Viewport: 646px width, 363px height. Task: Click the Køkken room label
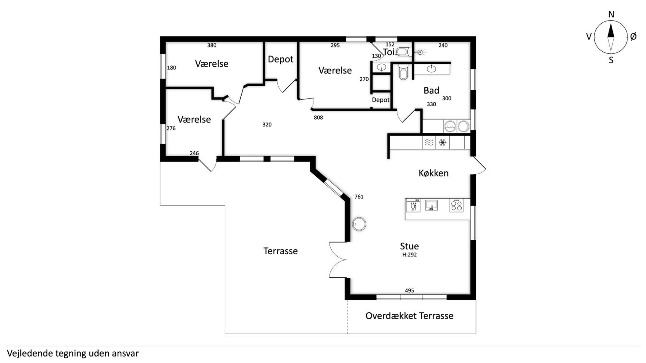(433, 173)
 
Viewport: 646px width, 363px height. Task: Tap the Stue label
(409, 246)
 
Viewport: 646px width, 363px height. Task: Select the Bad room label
(431, 91)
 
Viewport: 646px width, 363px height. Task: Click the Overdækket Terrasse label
(409, 316)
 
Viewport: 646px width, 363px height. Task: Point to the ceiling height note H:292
(409, 255)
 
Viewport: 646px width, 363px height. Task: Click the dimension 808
(318, 117)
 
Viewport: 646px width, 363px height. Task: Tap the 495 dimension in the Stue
(409, 291)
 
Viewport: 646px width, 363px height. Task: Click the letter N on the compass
(611, 15)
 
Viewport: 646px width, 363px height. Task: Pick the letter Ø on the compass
(633, 37)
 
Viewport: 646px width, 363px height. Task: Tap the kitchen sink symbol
(431, 205)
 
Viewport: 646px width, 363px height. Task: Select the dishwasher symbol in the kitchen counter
(413, 205)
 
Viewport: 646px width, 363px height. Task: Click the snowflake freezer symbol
(442, 143)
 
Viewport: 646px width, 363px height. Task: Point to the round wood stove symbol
(359, 224)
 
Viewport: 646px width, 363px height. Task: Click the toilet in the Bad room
(403, 72)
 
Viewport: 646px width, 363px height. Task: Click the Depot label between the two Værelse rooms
(281, 59)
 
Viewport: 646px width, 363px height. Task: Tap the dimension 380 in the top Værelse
(212, 45)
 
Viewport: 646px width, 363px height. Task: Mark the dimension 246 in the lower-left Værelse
(194, 153)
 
